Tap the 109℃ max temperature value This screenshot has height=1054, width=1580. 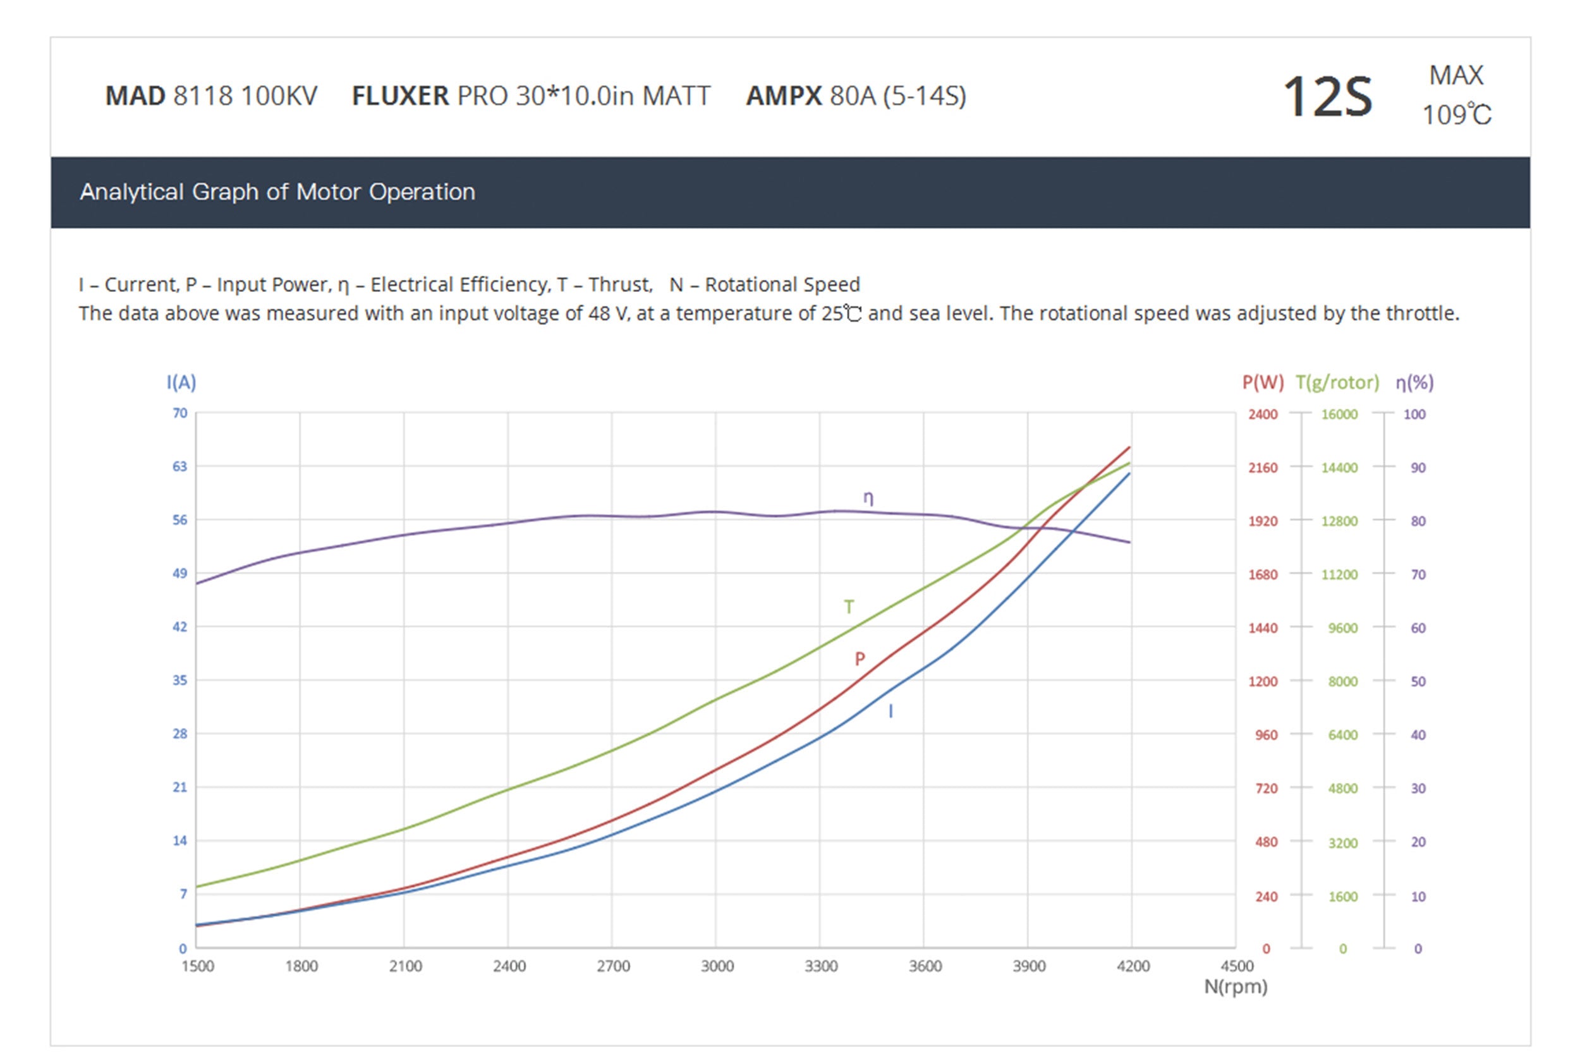[1456, 115]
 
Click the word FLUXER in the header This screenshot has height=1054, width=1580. [400, 96]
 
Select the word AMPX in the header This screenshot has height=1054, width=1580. [783, 96]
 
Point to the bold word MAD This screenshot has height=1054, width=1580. [135, 96]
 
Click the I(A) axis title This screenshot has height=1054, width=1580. [181, 382]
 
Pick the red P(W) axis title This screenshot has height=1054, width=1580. [1263, 382]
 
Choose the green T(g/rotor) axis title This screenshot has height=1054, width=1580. [1337, 382]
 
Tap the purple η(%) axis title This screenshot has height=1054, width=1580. [1414, 382]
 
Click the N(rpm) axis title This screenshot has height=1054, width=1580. [1235, 987]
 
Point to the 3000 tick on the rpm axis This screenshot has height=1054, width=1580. [717, 967]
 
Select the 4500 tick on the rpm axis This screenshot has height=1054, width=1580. [1236, 967]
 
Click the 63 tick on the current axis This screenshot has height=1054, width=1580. [179, 466]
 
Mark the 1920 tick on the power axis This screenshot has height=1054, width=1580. [1263, 521]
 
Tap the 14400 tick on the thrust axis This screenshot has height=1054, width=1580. [1339, 468]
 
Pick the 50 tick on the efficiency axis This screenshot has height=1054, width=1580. [1418, 682]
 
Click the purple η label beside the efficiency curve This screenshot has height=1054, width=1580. [868, 498]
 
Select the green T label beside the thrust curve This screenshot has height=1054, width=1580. [849, 608]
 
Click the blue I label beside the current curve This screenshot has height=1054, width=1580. [891, 711]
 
